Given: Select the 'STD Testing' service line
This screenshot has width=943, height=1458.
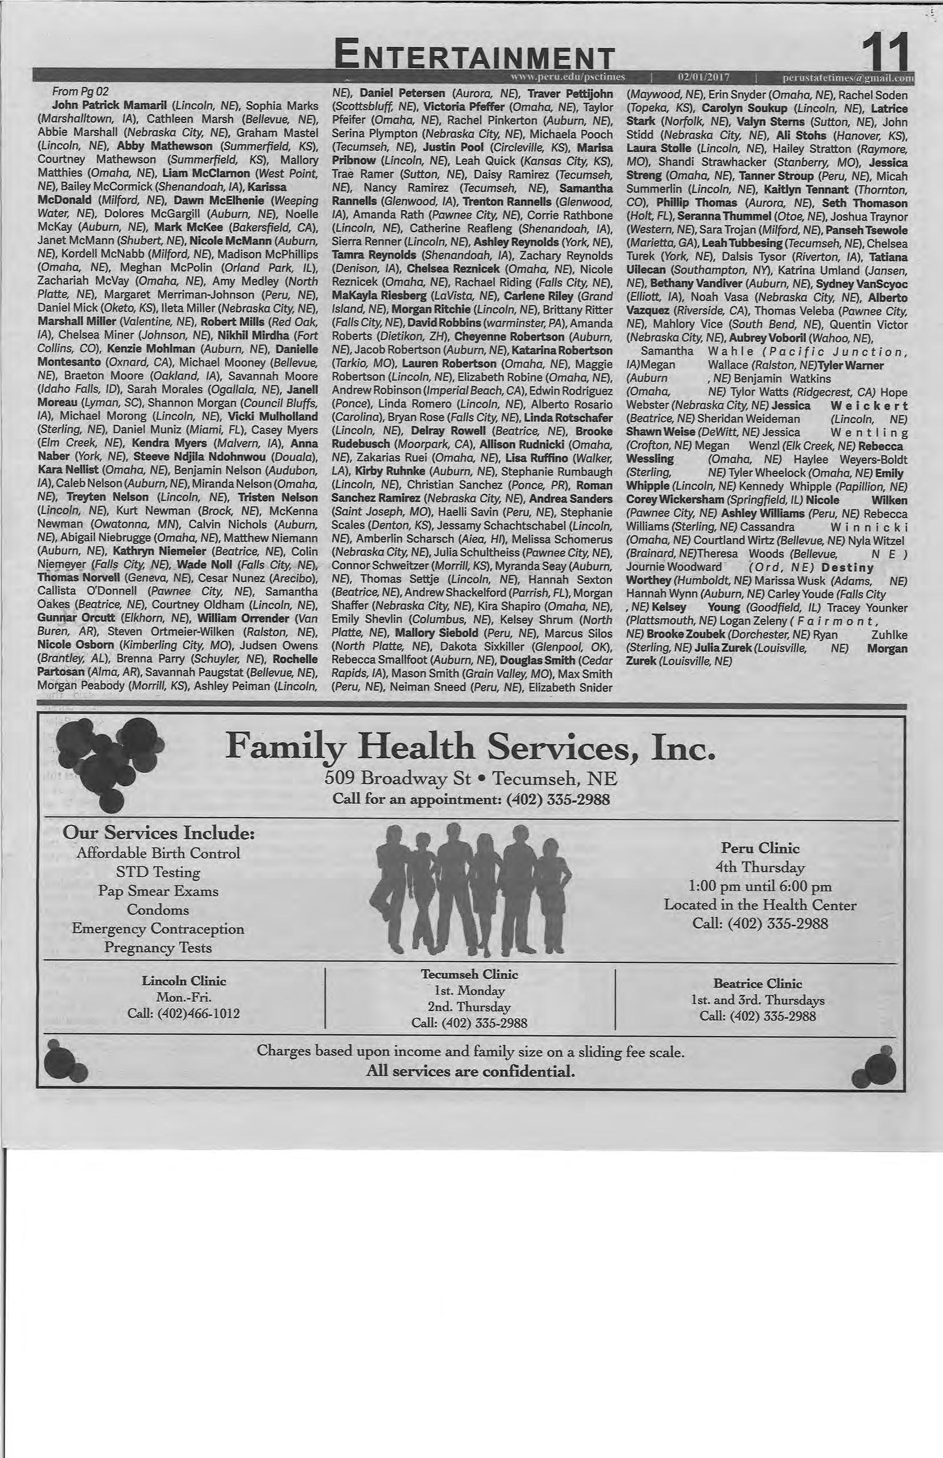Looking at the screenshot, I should pyautogui.click(x=158, y=872).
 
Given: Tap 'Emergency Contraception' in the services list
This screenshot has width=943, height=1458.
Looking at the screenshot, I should pyautogui.click(x=158, y=929).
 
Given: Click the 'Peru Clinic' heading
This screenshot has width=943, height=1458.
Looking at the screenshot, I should pyautogui.click(x=760, y=848).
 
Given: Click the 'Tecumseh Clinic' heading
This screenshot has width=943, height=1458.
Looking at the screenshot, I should pyautogui.click(x=469, y=975).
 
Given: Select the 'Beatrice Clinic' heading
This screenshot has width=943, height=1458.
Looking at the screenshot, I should pyautogui.click(x=757, y=984).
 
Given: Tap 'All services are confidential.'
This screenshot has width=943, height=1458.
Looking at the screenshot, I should pyautogui.click(x=470, y=1071).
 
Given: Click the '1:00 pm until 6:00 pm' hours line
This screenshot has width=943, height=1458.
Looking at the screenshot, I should pyautogui.click(x=760, y=886).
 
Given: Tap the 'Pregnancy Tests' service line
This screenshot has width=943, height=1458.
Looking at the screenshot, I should pyautogui.click(x=158, y=948).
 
